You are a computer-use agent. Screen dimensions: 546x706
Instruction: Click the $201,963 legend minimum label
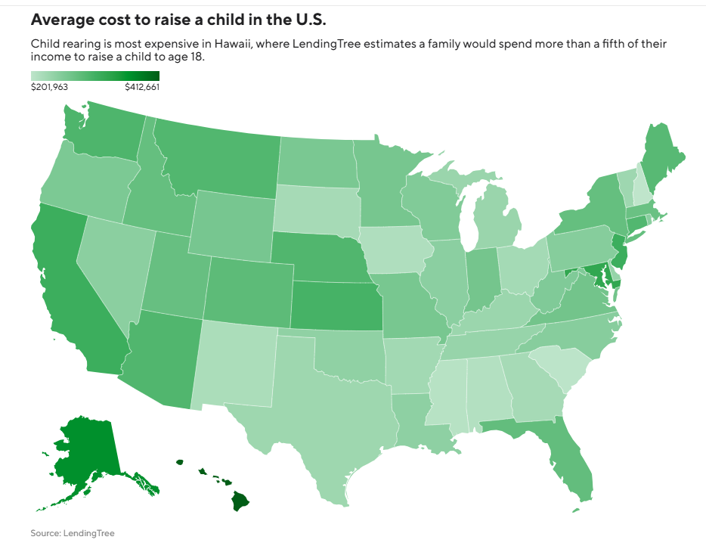point(50,87)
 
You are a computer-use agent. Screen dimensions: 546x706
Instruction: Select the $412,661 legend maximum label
point(142,87)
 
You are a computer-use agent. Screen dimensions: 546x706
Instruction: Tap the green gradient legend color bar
point(95,76)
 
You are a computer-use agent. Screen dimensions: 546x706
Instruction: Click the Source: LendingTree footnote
point(73,533)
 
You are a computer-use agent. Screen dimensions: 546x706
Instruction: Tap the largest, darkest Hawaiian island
point(240,501)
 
